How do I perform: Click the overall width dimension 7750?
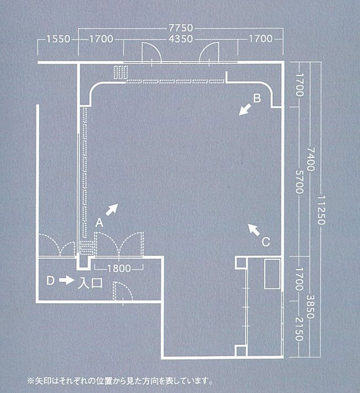coord(181,28)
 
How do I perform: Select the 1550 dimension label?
coord(58,39)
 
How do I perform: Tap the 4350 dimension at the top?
coord(181,39)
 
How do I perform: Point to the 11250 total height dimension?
coord(321,210)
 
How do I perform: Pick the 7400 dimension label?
coord(310,160)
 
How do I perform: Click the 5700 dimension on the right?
coord(299,182)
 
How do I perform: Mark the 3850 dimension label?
coord(310,307)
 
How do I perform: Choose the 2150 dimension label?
coord(299,329)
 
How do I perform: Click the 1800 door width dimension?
coord(119,269)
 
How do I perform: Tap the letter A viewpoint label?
coord(99,223)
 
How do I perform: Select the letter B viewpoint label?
coord(257,98)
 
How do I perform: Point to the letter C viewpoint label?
coord(266,242)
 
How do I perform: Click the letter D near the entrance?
coord(51,281)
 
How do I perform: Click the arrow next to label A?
coord(112,210)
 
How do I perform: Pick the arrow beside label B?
coord(245,110)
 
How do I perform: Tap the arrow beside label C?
coord(254,230)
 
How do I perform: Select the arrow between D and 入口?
coord(67,280)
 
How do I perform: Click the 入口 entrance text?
coord(90,283)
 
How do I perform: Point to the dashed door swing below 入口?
coord(122,291)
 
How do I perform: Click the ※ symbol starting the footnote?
coord(31,381)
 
